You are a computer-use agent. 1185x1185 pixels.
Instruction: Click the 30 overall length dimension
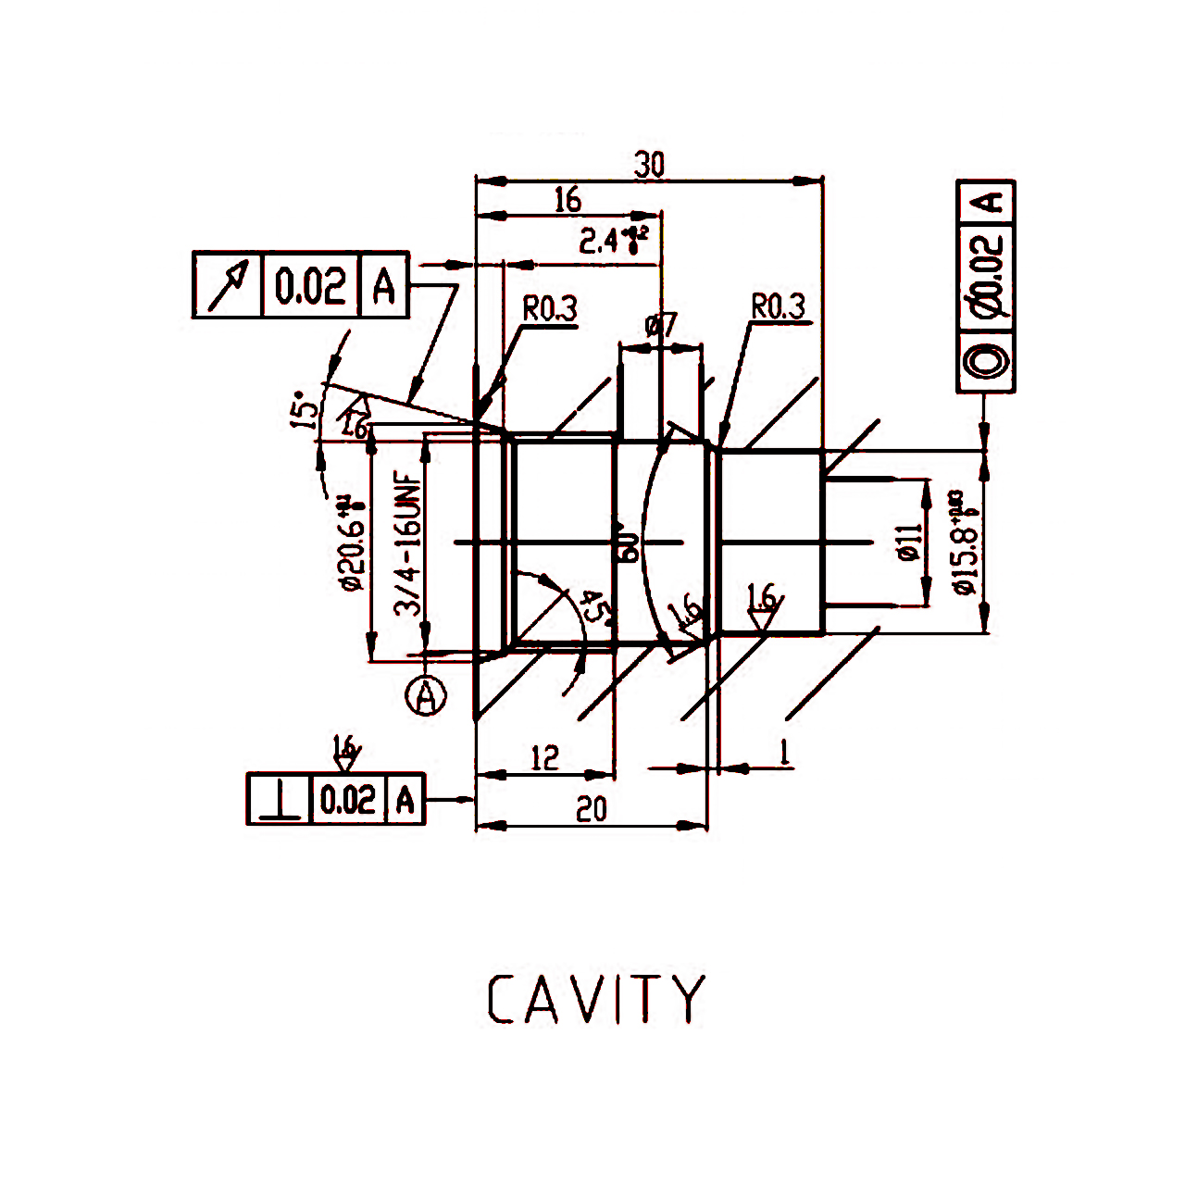click(x=649, y=165)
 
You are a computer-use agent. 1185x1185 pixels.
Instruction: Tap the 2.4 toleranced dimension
click(x=612, y=241)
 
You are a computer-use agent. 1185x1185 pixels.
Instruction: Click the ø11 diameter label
click(x=909, y=542)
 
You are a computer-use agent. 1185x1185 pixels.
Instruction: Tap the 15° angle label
click(x=300, y=409)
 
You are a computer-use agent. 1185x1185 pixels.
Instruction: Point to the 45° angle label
click(x=593, y=608)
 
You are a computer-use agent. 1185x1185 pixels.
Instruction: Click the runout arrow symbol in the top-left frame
click(x=229, y=284)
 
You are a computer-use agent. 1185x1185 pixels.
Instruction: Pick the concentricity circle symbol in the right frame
click(x=986, y=362)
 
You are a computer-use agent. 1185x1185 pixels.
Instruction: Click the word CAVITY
click(x=596, y=1000)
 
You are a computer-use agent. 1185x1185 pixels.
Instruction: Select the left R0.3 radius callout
click(x=550, y=309)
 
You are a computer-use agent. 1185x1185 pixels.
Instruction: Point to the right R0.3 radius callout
click(x=778, y=306)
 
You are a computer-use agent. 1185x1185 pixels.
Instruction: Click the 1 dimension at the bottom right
click(x=784, y=752)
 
